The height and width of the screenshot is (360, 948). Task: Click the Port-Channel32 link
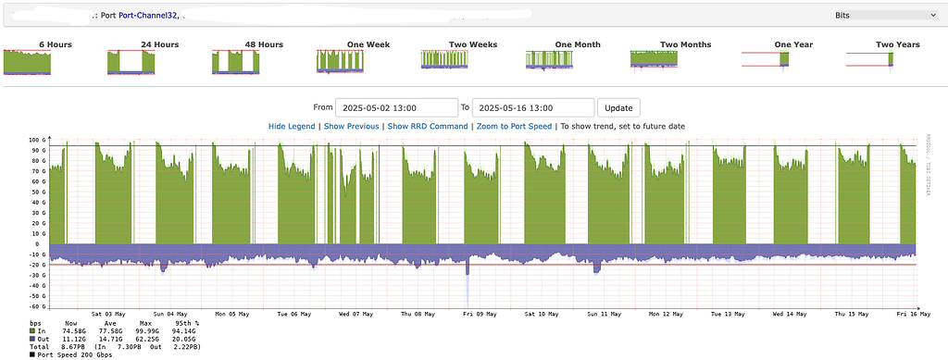[148, 15]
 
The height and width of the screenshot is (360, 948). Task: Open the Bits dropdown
[885, 15]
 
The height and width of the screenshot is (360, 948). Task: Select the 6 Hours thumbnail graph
[27, 63]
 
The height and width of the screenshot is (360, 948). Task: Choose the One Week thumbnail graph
[343, 61]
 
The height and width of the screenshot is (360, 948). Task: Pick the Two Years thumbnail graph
[870, 61]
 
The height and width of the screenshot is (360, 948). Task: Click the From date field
[396, 107]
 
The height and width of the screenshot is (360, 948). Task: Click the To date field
[532, 107]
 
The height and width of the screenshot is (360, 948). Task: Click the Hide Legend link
[292, 126]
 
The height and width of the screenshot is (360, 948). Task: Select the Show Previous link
[351, 126]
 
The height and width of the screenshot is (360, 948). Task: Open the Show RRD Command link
[427, 126]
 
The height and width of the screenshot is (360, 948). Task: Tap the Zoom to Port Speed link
[514, 126]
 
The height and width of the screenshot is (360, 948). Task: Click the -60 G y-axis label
[37, 306]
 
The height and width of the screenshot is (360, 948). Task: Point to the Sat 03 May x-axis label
[108, 313]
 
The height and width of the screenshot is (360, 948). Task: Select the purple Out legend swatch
[33, 339]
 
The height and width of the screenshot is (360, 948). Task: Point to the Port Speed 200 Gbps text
[78, 354]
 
